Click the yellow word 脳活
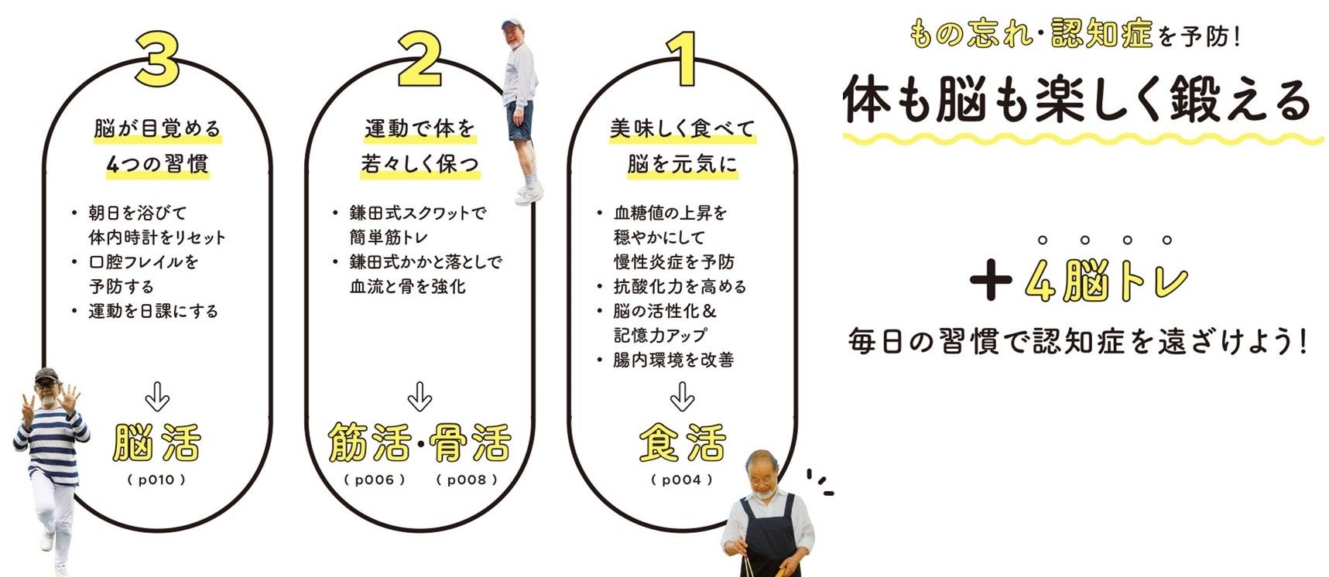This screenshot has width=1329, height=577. point(157,442)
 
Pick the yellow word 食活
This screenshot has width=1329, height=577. point(682,442)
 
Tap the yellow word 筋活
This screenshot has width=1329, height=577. point(370,442)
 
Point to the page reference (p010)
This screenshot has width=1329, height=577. point(157,480)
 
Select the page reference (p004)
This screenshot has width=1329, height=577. point(682,480)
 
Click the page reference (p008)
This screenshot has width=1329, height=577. point(467,480)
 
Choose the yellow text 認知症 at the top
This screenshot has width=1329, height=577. point(1102,35)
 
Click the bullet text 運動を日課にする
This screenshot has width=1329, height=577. point(153,311)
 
